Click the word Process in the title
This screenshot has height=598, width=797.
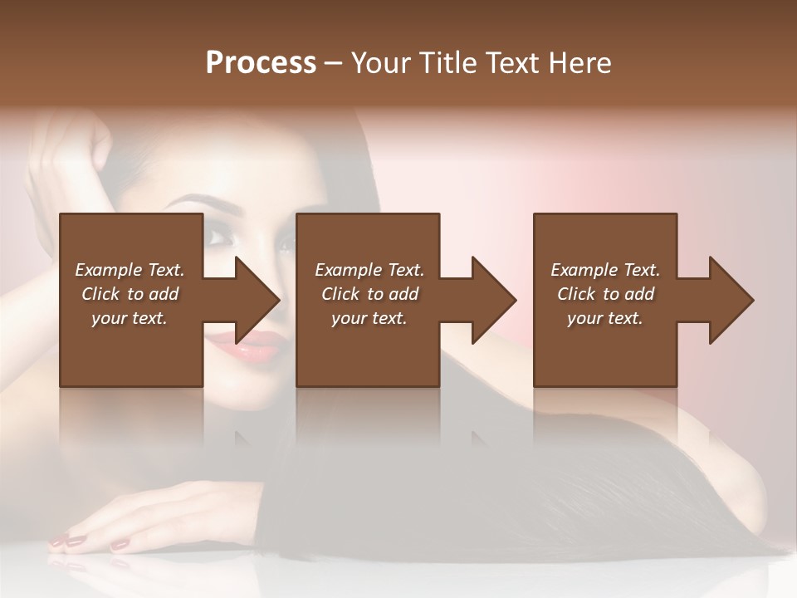261,63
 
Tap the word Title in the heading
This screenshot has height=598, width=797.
449,63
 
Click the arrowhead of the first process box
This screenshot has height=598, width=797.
258,300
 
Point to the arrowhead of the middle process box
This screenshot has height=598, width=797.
495,300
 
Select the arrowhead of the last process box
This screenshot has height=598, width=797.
732,300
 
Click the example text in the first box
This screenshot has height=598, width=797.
130,294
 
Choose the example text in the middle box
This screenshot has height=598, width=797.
369,294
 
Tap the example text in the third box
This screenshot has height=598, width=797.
605,294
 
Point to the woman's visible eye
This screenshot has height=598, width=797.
220,238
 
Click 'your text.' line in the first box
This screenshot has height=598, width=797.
130,318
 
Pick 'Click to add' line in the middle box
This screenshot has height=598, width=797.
369,294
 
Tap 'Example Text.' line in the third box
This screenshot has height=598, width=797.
605,270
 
